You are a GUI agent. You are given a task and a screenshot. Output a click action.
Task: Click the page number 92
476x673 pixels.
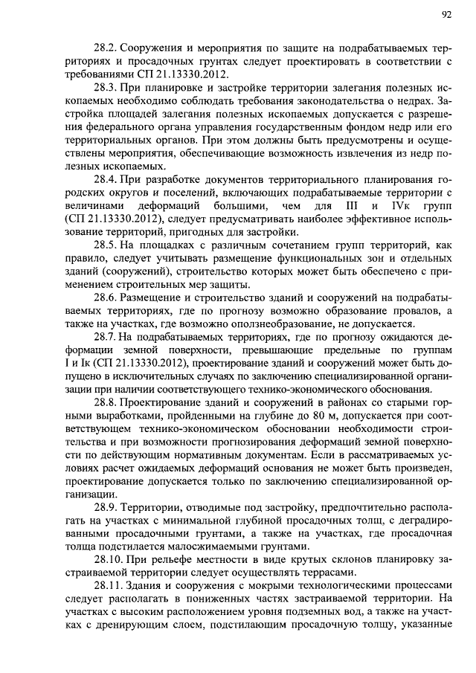pyautogui.click(x=446, y=13)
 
